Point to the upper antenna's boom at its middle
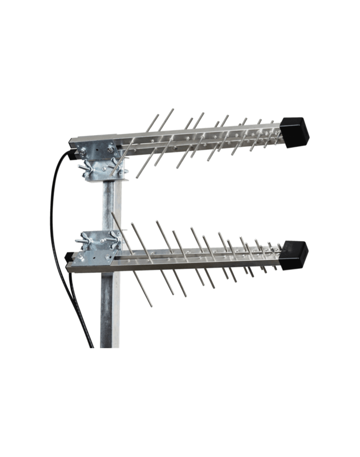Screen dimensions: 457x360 point(196,136)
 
